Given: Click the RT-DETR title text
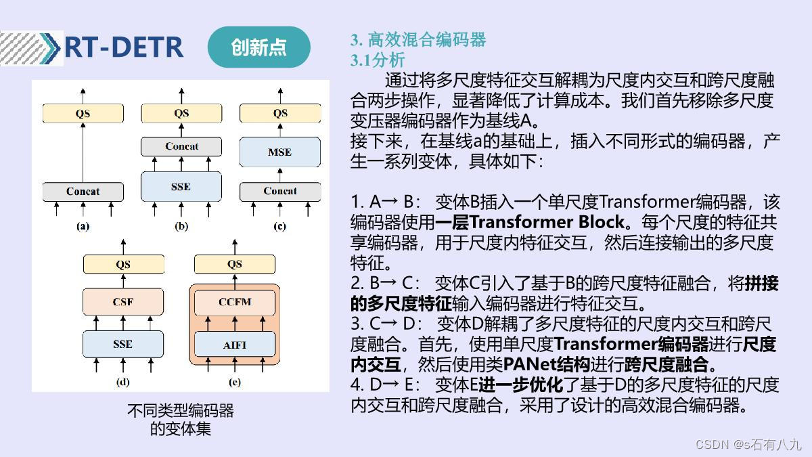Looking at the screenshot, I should click(124, 47).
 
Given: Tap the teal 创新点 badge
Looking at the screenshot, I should click(258, 47).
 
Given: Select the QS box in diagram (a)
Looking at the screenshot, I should click(83, 114).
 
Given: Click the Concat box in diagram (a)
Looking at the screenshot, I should click(83, 192).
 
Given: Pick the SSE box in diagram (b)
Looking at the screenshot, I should click(181, 186).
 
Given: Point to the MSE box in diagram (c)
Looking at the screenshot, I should click(279, 152).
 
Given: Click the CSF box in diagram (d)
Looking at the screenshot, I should click(123, 302).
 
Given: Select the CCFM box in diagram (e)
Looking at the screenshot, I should click(235, 302).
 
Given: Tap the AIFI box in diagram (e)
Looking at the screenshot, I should click(235, 345).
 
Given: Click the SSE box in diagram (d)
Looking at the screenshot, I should click(123, 344).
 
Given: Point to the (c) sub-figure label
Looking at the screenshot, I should click(279, 227).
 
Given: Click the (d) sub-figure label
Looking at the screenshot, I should click(123, 382).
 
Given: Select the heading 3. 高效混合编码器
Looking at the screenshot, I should click(418, 40).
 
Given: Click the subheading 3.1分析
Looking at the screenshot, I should click(378, 60).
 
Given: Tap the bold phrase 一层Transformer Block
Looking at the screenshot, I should click(530, 222).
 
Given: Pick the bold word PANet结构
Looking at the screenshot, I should click(546, 364).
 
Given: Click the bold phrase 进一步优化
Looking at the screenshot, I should click(521, 385).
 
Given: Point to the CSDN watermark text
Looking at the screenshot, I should click(748, 444).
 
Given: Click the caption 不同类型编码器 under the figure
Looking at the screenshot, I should click(181, 411).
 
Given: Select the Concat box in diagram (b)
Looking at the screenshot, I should click(181, 146).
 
